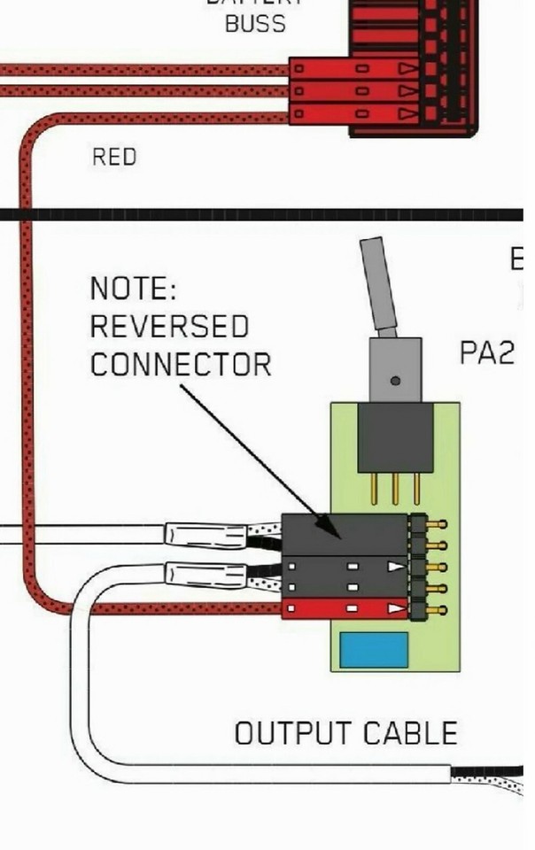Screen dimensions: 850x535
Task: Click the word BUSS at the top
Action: coord(256,24)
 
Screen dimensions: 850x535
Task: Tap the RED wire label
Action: coord(114,158)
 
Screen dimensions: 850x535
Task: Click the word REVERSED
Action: coord(169,327)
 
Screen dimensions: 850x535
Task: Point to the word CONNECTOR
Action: coord(181,364)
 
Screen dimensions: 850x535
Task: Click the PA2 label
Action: coord(486,353)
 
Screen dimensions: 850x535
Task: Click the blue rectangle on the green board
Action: coord(376,650)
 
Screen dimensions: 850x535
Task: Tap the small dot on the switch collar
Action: coord(395,381)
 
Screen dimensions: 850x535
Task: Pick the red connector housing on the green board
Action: coord(345,609)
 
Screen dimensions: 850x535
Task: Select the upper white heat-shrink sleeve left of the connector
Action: coord(205,535)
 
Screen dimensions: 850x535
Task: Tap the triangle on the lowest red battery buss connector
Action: coord(406,113)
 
